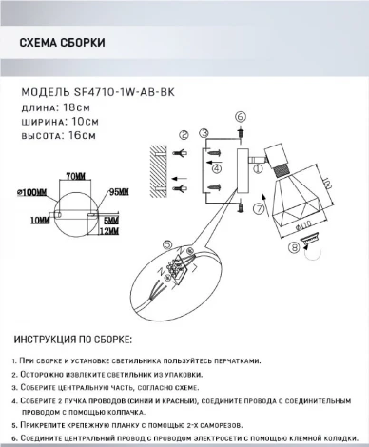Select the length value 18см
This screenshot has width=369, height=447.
(x=77, y=107)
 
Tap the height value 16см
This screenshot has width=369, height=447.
(x=81, y=136)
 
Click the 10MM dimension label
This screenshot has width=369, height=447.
(x=40, y=220)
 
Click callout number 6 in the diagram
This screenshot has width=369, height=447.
(x=240, y=117)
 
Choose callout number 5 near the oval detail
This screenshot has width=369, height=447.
(x=167, y=244)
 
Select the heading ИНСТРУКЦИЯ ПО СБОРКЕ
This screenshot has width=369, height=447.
(x=74, y=340)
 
